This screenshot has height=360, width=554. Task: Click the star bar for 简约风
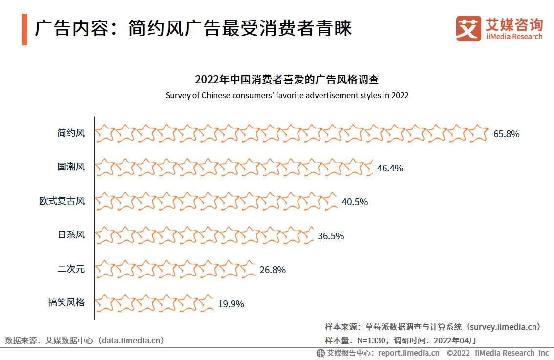[292, 133]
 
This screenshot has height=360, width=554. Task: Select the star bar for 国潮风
[234, 168]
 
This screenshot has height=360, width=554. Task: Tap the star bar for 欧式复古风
[216, 201]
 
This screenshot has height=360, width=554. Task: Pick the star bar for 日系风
[204, 235]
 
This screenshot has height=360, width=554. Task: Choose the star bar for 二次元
[175, 269]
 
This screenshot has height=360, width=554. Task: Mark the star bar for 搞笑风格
[155, 303]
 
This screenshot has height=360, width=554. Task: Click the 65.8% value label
[506, 134]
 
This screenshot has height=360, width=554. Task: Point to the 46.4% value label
[390, 168]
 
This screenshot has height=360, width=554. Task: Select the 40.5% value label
[355, 202]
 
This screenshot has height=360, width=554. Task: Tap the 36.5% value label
[331, 236]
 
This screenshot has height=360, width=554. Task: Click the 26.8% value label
[273, 270]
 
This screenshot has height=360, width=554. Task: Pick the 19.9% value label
[231, 304]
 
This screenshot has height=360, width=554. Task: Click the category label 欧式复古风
[62, 201]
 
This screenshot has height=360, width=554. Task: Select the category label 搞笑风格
[66, 303]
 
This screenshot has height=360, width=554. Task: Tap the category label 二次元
[71, 269]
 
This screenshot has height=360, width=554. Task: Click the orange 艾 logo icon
[469, 28]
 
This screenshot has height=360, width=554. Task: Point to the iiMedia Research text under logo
[514, 37]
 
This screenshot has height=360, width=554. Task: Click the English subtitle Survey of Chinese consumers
[287, 95]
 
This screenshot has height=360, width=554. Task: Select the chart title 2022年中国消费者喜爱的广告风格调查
[287, 80]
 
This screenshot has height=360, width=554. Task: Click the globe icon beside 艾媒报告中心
[320, 353]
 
